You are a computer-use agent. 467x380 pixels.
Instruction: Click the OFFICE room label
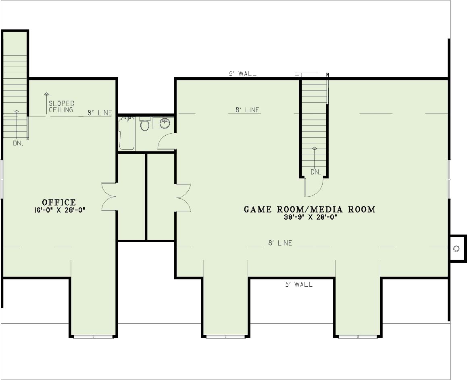(59, 203)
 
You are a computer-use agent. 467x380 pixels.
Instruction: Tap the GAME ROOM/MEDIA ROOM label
(309, 210)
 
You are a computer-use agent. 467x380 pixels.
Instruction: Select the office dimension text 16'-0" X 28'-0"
(60, 210)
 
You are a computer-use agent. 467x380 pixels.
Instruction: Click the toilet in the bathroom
(145, 124)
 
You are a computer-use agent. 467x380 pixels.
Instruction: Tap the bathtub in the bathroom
(127, 133)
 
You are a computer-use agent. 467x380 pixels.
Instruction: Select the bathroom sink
(164, 123)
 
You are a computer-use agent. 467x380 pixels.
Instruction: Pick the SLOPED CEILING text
(61, 107)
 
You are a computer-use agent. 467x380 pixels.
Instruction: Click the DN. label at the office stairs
(18, 143)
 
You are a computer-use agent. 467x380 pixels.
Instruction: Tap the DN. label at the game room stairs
(316, 172)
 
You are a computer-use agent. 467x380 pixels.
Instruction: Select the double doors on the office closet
(109, 197)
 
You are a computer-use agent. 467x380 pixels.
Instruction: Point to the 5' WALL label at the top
(243, 73)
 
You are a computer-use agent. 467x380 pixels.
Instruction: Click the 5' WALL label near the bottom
(299, 285)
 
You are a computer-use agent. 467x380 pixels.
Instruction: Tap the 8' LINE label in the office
(100, 113)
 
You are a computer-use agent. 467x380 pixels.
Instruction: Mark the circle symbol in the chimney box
(456, 249)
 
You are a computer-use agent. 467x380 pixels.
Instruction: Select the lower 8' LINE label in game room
(280, 243)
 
